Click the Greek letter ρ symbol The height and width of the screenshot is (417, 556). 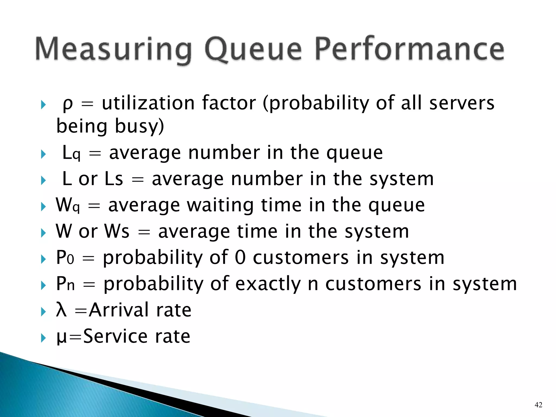[68, 104]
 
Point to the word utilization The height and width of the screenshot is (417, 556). [148, 103]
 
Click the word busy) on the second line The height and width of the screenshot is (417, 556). [139, 127]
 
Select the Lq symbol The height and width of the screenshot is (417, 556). [71, 153]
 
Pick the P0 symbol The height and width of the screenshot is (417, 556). [65, 258]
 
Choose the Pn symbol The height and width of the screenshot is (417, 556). [65, 284]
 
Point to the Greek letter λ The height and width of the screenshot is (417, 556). [61, 310]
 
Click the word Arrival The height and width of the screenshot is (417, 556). [119, 310]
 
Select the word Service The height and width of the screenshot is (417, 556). [115, 336]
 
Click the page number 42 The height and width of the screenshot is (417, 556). [538, 405]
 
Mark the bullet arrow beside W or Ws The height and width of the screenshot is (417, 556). [43, 233]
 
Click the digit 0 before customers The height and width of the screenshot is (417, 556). [240, 257]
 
